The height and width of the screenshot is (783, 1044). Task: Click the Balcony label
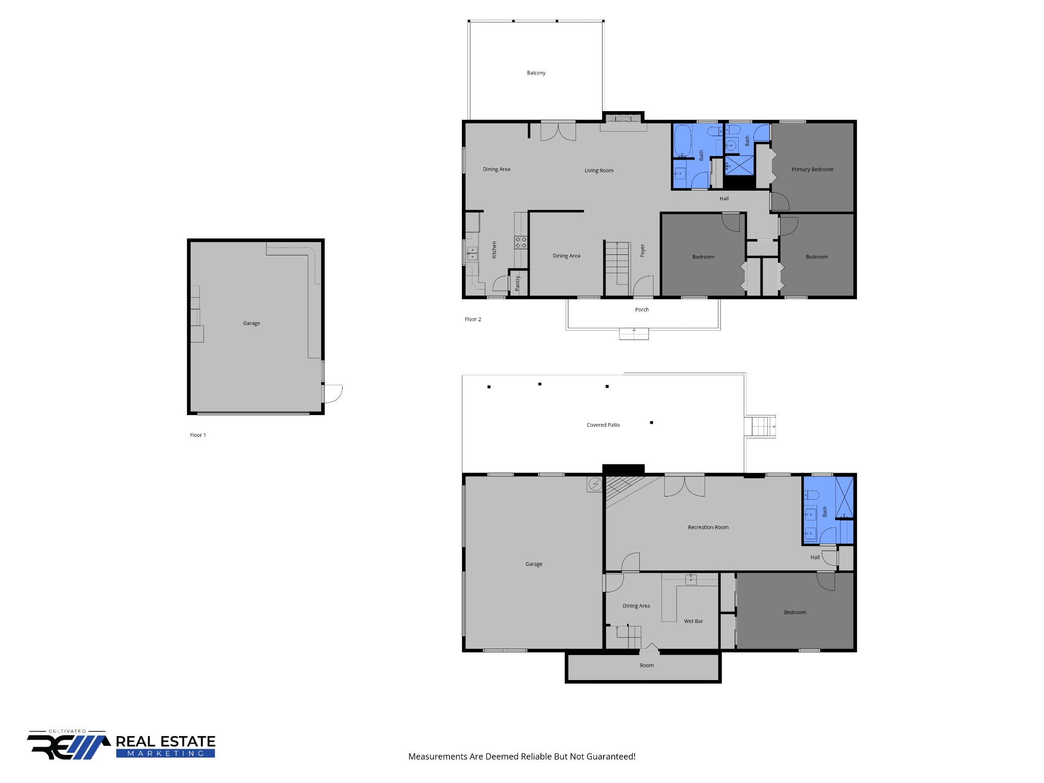[536, 73]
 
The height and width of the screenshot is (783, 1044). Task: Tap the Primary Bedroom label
[812, 169]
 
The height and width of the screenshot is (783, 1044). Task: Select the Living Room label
[599, 170]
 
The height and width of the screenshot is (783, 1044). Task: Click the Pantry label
[517, 283]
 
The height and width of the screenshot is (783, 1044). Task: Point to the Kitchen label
[494, 250]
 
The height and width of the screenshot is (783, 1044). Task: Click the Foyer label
[642, 250]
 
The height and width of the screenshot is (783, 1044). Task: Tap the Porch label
[642, 309]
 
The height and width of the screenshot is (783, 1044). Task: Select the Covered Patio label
[603, 425]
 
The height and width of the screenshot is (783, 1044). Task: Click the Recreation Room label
[708, 527]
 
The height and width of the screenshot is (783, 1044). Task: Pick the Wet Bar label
[693, 621]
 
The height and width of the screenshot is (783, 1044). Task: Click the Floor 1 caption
[198, 435]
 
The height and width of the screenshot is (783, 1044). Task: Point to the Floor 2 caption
[473, 319]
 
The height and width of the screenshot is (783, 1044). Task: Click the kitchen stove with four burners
[520, 242]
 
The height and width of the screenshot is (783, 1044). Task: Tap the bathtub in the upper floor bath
[683, 141]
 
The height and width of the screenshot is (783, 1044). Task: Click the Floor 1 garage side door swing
[333, 394]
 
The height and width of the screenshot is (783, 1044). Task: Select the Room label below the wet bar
[646, 665]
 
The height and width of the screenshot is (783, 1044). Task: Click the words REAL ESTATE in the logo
[166, 741]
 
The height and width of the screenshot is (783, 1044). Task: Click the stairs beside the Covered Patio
[760, 427]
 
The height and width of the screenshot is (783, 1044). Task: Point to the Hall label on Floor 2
[724, 198]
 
